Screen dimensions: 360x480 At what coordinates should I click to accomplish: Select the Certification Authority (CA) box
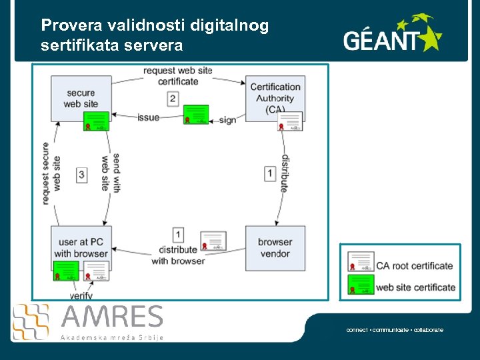(275, 97)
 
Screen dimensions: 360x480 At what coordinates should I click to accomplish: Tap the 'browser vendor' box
(275, 247)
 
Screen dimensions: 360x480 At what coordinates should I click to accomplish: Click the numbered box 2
(173, 99)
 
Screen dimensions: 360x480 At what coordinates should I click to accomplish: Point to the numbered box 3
(82, 175)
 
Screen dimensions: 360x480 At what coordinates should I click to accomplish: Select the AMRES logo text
(112, 317)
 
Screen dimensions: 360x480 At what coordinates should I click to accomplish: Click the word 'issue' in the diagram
(148, 118)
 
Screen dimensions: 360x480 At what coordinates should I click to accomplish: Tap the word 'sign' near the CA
(227, 120)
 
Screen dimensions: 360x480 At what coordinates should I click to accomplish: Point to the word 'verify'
(81, 295)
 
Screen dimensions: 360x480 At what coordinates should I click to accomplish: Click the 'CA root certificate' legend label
(414, 265)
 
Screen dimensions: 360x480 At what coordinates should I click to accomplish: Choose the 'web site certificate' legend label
(415, 287)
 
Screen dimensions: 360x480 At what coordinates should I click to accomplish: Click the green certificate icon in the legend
(361, 285)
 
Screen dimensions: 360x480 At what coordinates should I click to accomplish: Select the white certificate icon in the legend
(361, 262)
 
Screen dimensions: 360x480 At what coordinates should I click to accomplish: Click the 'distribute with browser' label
(178, 255)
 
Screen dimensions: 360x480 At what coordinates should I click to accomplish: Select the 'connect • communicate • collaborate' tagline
(395, 330)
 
